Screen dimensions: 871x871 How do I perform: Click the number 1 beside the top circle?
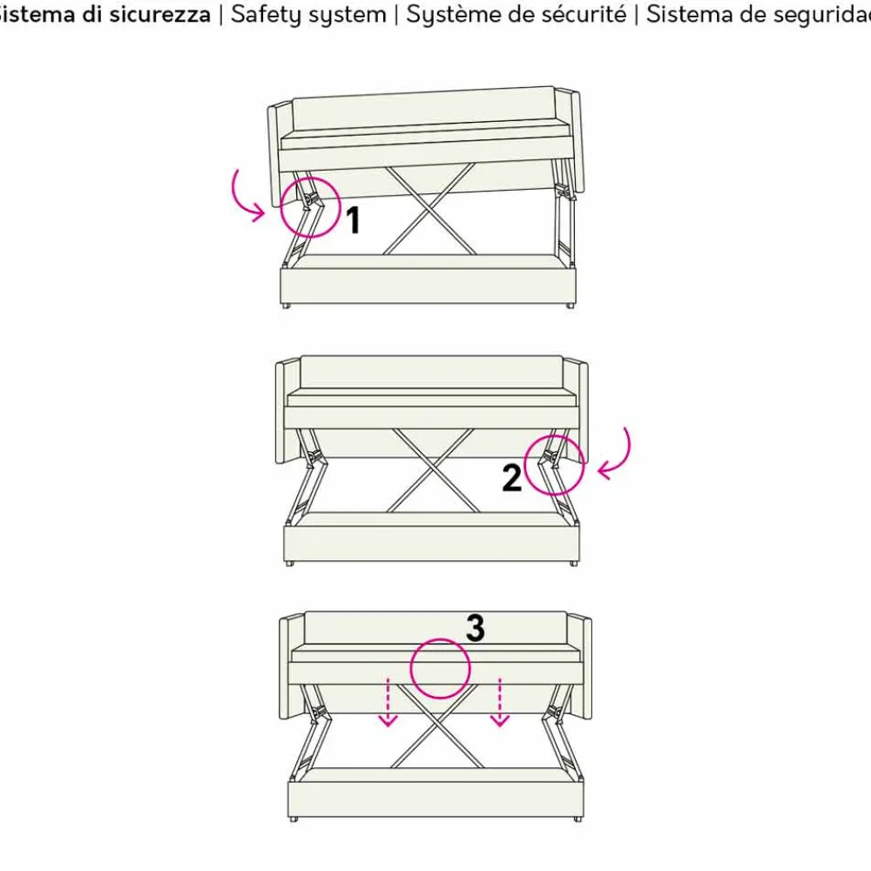[x=353, y=221]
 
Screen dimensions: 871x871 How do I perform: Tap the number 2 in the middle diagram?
[x=512, y=477]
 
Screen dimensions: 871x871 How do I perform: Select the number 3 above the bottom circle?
[x=475, y=628]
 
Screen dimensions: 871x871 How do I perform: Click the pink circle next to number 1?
[x=310, y=207]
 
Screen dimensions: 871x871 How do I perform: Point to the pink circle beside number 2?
[x=554, y=464]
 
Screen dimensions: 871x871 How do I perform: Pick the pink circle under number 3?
[x=441, y=668]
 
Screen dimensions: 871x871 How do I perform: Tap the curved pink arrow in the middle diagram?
[x=617, y=455]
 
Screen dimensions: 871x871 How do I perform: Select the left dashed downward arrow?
[x=388, y=702]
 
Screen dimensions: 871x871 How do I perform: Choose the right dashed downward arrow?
[x=499, y=702]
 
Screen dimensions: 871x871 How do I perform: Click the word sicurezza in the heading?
[x=165, y=15]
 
